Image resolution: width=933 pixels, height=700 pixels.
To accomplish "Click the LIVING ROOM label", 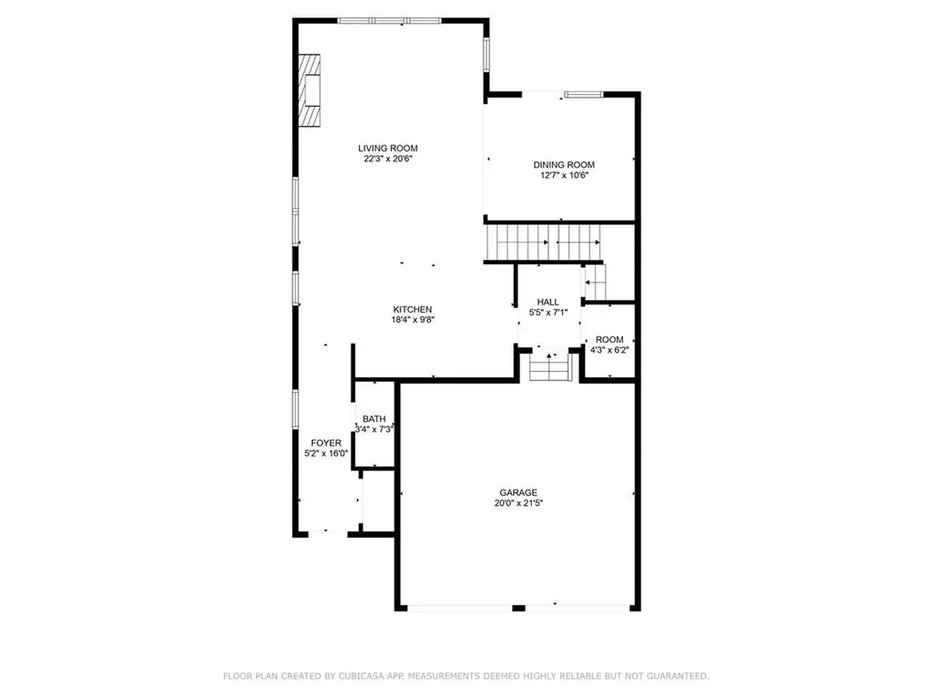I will click(x=387, y=148).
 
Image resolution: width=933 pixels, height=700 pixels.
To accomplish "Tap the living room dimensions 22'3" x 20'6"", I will click(x=387, y=160).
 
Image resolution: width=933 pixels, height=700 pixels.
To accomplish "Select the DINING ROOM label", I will click(x=564, y=165).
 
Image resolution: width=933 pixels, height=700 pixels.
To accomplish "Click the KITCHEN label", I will click(x=412, y=309).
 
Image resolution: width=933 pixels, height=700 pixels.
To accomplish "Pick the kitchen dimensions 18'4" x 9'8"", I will click(x=412, y=321).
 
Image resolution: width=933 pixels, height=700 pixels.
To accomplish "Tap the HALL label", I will click(x=548, y=302).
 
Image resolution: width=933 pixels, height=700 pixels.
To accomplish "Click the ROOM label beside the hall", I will click(x=609, y=338).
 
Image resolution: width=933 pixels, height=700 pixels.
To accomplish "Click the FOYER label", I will click(x=326, y=443).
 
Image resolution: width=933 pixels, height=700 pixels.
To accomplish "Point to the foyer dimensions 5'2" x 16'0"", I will click(x=326, y=454).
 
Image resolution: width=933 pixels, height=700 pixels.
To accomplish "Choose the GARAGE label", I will click(x=517, y=492).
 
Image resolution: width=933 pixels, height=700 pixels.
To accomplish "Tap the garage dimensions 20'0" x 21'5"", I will click(x=517, y=503).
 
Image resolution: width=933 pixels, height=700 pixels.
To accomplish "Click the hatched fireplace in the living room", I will click(x=312, y=91).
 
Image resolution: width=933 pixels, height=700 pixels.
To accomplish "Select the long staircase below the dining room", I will click(x=545, y=242).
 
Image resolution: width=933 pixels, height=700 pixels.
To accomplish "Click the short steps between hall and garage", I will click(x=549, y=369).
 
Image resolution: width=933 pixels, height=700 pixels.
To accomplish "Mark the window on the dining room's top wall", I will click(x=583, y=94).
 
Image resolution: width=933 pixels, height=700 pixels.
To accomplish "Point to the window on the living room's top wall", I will click(x=386, y=21).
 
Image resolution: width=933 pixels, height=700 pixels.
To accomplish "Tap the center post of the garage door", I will click(x=518, y=608).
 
